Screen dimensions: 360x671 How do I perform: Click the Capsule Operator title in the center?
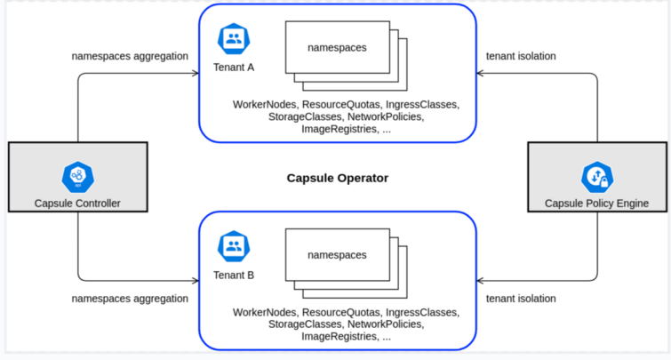[337, 178]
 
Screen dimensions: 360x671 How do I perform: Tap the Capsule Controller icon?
[77, 177]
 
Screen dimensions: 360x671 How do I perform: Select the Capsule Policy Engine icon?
[596, 177]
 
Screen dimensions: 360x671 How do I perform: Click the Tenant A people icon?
[234, 38]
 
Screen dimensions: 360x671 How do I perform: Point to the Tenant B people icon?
[234, 246]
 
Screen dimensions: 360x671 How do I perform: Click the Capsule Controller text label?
[77, 204]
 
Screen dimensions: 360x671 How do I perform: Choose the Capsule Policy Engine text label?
[596, 204]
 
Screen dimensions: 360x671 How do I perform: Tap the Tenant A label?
[234, 67]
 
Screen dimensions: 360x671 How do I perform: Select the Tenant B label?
[234, 275]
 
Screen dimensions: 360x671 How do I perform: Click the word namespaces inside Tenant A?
[337, 47]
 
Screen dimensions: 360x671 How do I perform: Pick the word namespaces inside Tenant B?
[337, 255]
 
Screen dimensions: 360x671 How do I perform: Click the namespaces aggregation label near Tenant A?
[130, 56]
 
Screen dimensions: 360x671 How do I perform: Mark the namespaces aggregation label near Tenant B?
[130, 299]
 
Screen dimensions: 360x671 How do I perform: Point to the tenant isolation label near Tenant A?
[521, 56]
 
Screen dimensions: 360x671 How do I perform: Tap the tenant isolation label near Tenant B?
[521, 299]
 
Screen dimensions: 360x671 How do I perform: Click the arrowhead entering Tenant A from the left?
[195, 73]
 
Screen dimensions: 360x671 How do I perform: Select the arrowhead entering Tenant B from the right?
[481, 281]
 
